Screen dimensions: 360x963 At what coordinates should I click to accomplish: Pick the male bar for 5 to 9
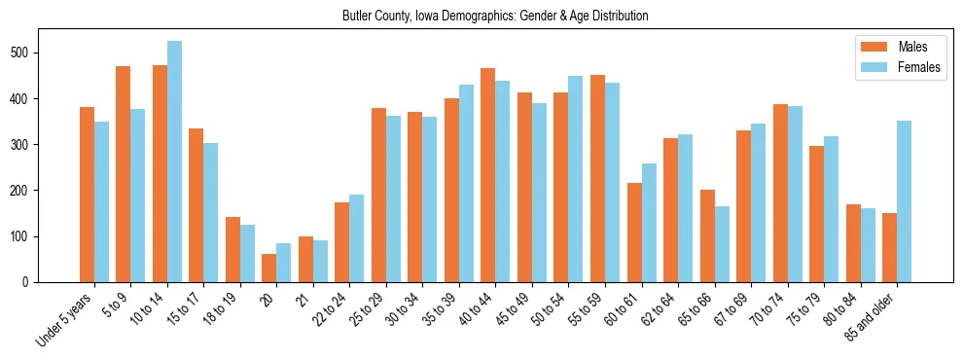point(124,174)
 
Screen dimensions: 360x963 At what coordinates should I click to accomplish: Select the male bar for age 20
point(269,269)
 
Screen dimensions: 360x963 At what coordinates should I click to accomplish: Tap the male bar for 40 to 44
point(488,175)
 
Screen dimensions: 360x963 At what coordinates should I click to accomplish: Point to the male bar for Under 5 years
point(87,195)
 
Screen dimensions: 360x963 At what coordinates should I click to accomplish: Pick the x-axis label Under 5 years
point(65,320)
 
